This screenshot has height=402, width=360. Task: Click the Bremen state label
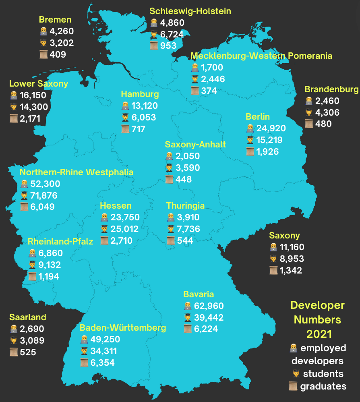[x=55, y=19]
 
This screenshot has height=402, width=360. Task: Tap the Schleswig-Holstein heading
[x=190, y=11]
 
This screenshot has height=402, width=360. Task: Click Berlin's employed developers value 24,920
[x=271, y=128]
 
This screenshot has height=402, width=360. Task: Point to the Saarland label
[x=28, y=317]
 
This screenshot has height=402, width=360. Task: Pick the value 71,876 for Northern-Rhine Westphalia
[x=44, y=196]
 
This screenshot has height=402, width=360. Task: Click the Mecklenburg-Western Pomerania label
[x=261, y=56]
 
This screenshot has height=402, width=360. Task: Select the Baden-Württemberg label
[x=123, y=327]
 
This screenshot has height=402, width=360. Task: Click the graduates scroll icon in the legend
[x=294, y=386]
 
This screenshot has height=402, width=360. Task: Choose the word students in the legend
[x=323, y=373]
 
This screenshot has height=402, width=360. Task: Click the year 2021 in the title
[x=319, y=334]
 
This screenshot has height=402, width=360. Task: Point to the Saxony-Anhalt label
[x=195, y=144]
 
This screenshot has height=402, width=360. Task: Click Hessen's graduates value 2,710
[x=122, y=241]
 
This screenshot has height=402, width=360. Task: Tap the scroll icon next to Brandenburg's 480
[x=309, y=124]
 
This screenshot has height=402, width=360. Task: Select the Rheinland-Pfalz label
[x=60, y=241]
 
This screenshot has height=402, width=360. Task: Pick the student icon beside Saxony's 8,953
[x=273, y=259]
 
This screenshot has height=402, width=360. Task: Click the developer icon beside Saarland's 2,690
[x=14, y=329]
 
